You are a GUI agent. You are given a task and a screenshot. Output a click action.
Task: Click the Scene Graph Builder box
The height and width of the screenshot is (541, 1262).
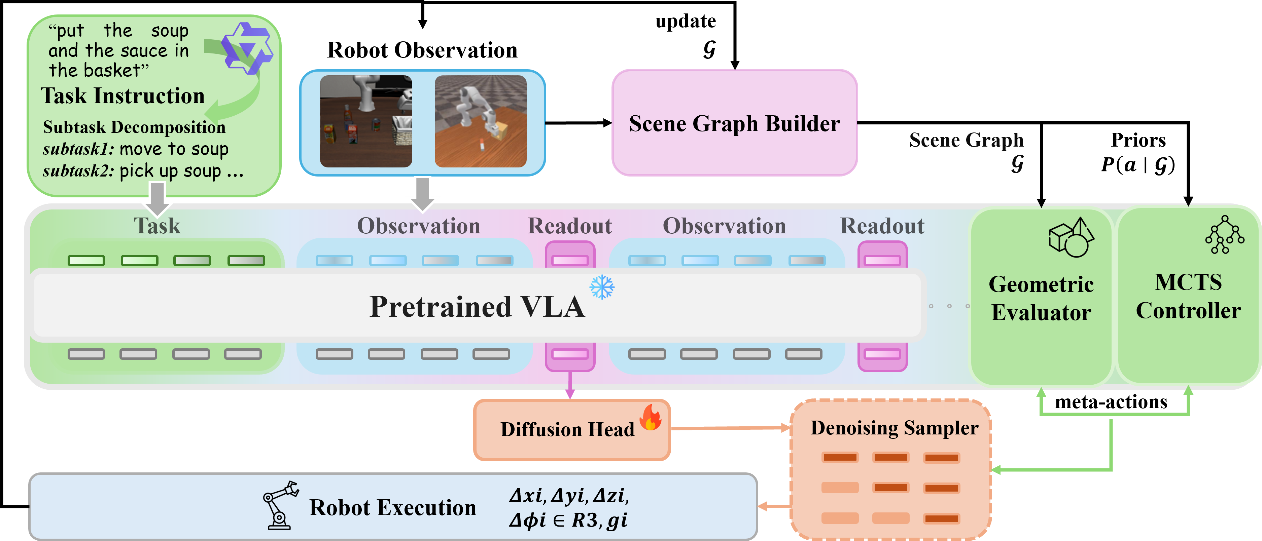click(734, 123)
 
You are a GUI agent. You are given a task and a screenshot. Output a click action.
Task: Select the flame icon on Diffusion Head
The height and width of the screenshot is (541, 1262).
click(651, 417)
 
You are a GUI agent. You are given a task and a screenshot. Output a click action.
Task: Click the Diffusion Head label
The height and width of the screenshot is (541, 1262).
click(567, 429)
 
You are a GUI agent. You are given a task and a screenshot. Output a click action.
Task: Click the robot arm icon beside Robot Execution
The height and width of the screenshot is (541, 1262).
click(280, 505)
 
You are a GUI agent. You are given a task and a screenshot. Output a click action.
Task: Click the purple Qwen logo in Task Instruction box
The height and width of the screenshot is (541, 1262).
click(247, 48)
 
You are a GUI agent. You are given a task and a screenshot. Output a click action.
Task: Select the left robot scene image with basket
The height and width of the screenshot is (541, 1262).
click(365, 121)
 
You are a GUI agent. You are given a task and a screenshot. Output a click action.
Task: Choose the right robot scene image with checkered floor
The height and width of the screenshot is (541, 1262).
click(480, 121)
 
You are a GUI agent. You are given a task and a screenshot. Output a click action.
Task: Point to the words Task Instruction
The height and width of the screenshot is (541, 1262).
click(122, 95)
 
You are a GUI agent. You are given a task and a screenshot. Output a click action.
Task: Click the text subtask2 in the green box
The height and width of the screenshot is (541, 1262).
click(78, 171)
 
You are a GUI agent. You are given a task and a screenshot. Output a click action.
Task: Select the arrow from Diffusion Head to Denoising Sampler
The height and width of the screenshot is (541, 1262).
click(730, 428)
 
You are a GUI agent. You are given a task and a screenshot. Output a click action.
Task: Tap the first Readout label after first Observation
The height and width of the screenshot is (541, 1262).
click(569, 226)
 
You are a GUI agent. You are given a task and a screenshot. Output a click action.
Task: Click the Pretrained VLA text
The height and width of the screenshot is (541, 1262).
click(477, 307)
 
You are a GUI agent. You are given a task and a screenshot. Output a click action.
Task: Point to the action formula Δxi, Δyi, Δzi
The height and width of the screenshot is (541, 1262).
click(568, 496)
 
